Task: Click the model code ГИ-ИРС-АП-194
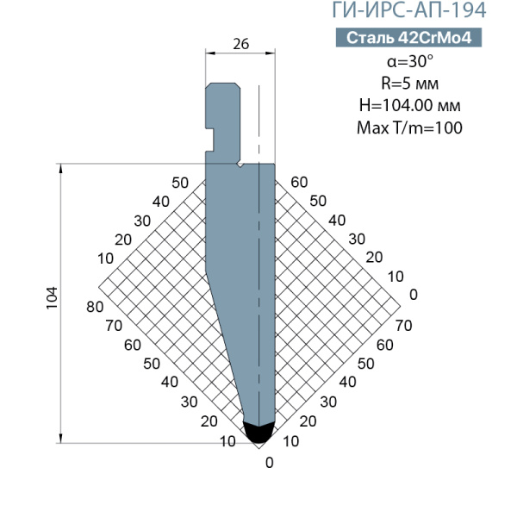408,9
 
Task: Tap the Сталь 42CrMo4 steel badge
408,38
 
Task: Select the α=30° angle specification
410,61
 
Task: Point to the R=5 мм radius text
410,83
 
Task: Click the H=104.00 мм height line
410,105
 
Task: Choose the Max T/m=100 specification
410,128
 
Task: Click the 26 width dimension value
240,44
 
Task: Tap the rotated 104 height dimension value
52,298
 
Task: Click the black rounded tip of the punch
258,433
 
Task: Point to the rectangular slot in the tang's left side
209,140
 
